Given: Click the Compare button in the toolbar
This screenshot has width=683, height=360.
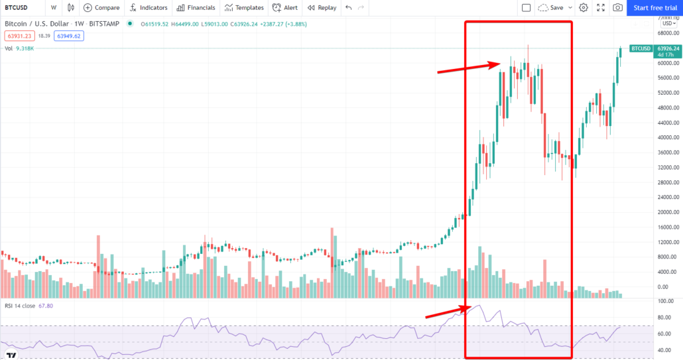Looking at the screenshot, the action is click(101, 8).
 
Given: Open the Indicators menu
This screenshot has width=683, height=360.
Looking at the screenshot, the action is click(149, 8).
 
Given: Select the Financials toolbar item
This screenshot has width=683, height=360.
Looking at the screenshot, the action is click(196, 8).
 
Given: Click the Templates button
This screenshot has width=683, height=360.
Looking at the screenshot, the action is click(244, 8).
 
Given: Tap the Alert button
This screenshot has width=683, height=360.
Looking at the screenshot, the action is click(285, 8).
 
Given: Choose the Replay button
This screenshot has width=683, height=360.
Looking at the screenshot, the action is click(322, 8).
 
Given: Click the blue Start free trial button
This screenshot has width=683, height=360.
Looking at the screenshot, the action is click(655, 8).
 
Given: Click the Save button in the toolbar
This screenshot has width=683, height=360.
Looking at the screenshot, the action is click(551, 8).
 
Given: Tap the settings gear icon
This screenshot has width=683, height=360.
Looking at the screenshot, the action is click(584, 8).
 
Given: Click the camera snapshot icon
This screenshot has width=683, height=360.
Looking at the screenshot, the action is click(617, 8).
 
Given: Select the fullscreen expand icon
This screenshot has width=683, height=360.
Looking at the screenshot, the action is click(601, 8).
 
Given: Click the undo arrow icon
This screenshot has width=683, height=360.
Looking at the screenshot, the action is click(349, 8).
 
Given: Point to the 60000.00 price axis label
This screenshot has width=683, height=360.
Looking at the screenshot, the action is click(668, 63).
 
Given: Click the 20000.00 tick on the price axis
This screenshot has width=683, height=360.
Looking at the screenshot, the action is click(668, 212).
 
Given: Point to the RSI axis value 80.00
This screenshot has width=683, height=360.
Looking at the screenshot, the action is click(666, 318).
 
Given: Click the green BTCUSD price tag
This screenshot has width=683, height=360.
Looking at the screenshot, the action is click(641, 49).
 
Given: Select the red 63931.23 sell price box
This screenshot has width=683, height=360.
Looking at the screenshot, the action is click(20, 36).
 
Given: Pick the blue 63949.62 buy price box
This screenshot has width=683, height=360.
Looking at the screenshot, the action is click(69, 36).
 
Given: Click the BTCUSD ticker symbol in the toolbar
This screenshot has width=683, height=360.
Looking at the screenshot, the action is click(16, 8).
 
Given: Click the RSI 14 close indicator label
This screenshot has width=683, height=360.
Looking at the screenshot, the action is click(20, 306).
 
